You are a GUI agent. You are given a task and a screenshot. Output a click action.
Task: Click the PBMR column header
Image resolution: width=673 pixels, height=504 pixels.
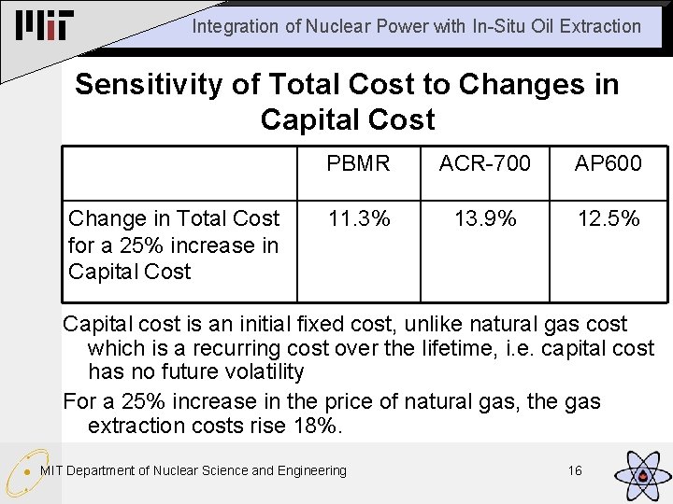coord(358,164)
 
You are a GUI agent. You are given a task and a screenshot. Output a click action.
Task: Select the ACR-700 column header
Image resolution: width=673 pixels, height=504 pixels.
coord(484,164)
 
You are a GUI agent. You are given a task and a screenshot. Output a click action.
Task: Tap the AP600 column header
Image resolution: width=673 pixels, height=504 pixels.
coord(609,164)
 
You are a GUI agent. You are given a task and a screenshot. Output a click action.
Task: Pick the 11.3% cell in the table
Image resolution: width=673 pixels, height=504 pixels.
coord(358,218)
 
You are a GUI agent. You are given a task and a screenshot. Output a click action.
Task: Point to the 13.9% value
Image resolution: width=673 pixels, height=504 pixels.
coord(484,218)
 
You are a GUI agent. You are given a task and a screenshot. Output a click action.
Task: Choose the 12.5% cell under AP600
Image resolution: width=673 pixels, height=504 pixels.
coord(609,218)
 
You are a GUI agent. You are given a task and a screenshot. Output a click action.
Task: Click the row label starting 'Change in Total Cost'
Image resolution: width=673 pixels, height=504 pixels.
coord(174,245)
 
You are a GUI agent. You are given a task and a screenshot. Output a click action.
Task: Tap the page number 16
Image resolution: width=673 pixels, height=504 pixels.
coord(574,470)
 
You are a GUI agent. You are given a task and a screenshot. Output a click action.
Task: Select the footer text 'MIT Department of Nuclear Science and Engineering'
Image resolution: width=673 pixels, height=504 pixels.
coord(193,470)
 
